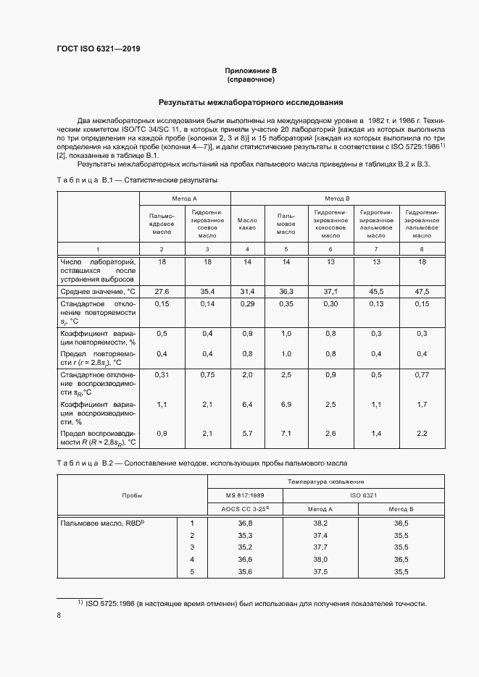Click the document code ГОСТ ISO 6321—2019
click(99, 49)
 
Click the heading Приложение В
click(251, 70)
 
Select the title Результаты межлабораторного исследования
click(251, 103)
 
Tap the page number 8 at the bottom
click(59, 615)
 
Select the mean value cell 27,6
click(162, 291)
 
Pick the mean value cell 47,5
click(422, 291)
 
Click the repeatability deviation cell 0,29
click(248, 304)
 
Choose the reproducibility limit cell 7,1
click(286, 433)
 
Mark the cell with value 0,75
click(208, 374)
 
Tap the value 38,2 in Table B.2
click(320, 523)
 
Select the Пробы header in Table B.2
click(133, 495)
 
